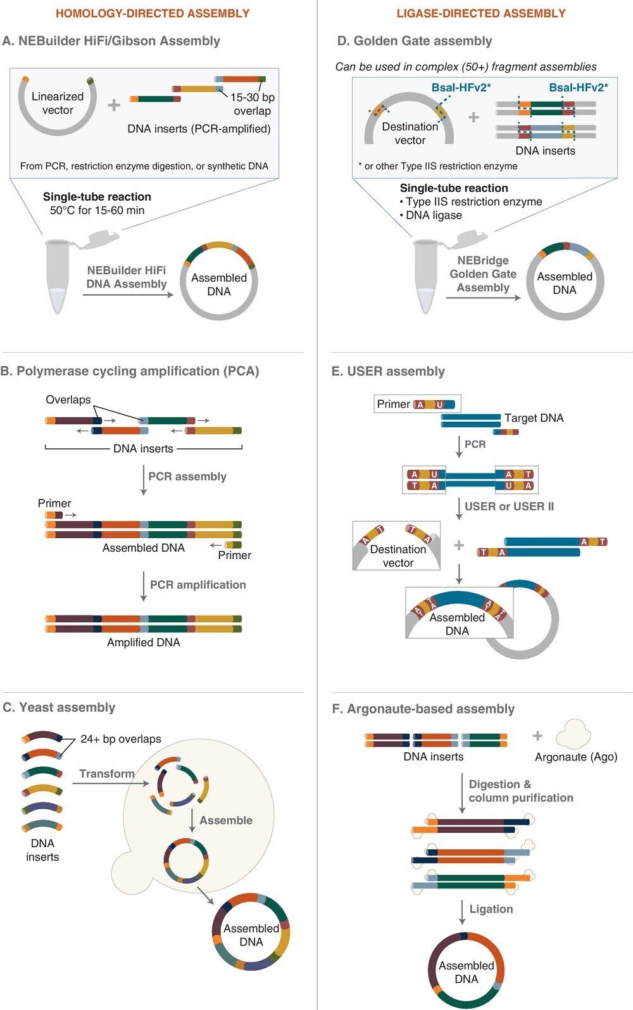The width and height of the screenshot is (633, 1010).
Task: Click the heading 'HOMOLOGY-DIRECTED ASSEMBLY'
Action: [x=153, y=13]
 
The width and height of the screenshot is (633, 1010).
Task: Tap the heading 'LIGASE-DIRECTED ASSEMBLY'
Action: [x=480, y=13]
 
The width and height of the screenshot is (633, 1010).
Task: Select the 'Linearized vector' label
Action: [x=58, y=103]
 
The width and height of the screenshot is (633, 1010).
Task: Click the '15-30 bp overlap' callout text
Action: [x=252, y=104]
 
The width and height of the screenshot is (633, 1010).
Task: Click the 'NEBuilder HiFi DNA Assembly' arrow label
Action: [x=127, y=277]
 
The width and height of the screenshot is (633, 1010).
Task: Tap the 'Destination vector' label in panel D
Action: [x=410, y=133]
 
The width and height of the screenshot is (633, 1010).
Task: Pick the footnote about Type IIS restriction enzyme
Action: [x=437, y=166]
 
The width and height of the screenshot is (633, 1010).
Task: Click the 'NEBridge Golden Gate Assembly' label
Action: [x=483, y=274]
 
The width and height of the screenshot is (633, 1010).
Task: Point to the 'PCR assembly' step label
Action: [x=187, y=476]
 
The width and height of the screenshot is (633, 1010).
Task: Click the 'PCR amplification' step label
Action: [x=197, y=584]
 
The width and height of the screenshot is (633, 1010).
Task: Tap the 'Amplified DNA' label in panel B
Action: [x=144, y=642]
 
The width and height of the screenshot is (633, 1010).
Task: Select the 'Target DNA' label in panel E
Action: [x=534, y=418]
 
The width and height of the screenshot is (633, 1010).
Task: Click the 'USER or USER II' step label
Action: [x=509, y=506]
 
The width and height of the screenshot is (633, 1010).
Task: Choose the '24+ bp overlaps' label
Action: [x=121, y=739]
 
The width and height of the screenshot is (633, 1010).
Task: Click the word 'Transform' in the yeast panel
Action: [x=107, y=773]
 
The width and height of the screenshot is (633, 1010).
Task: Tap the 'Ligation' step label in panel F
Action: [x=491, y=909]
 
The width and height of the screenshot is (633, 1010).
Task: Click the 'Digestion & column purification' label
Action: [x=520, y=791]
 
